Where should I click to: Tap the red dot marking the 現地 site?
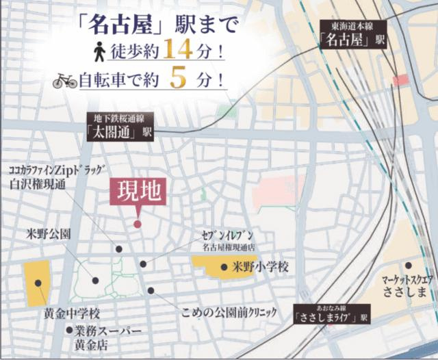pyautogui.click(x=138, y=224)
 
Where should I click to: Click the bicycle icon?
pyautogui.click(x=66, y=81)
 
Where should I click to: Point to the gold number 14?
pyautogui.click(x=181, y=50)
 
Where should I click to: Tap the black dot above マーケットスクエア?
pyautogui.click(x=409, y=265)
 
